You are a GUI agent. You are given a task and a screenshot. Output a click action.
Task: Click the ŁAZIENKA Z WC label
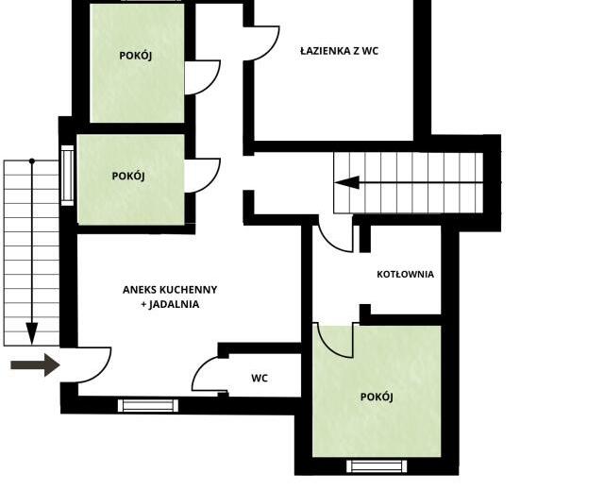coord(340,51)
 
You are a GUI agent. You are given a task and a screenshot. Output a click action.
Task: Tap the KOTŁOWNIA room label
coord(405,275)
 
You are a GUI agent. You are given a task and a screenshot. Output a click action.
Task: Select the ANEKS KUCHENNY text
coord(170,290)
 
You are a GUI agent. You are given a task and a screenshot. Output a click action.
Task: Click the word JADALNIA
coord(174,304)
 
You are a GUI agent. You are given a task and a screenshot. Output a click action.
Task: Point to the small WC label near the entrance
coord(260,378)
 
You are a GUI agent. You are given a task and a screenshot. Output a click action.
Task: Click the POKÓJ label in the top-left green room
coord(136,56)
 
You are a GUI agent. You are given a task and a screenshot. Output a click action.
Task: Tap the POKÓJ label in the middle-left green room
coord(128,176)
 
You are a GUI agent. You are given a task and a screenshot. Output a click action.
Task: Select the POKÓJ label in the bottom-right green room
coord(377,397)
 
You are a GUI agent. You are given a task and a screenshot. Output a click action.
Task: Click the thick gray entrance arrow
coord(35,365)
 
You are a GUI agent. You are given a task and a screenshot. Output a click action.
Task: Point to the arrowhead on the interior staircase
coord(347,182)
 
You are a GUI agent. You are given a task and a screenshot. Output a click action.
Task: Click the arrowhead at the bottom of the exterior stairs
coord(32,333)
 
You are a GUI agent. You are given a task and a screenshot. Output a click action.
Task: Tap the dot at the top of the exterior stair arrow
coord(32,161)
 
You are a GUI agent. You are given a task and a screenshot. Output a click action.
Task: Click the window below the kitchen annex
coord(148,405)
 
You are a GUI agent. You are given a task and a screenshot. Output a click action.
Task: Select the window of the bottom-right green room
coord(377,466)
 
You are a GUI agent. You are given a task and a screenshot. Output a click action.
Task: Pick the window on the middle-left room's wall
coord(67,176)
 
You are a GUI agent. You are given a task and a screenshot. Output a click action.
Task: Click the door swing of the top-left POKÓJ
coord(212,84)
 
